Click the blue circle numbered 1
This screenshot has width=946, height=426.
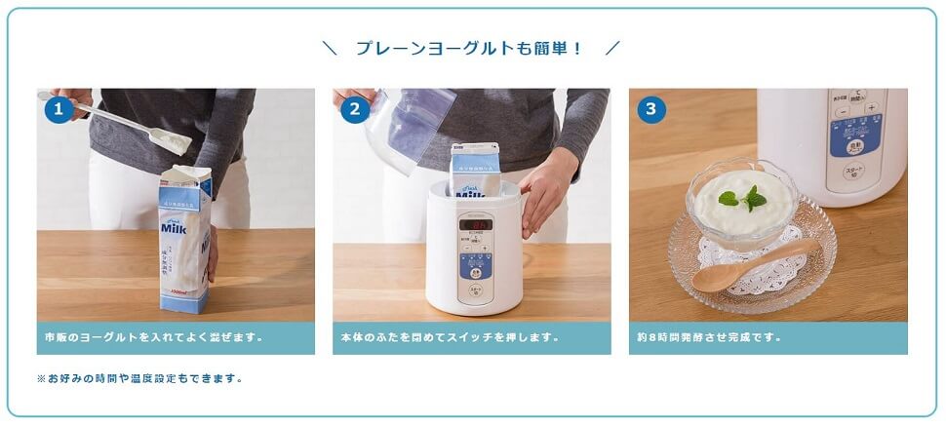pyautogui.click(x=59, y=109)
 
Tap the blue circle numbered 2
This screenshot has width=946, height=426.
pyautogui.click(x=355, y=109)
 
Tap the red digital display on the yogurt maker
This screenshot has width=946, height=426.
pyautogui.click(x=477, y=224)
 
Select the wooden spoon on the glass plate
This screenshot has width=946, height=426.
pyautogui.click(x=746, y=268)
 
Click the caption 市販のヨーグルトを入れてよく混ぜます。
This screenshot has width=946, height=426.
pyautogui.click(x=154, y=338)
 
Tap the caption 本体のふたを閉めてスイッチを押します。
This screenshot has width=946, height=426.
pyautogui.click(x=451, y=338)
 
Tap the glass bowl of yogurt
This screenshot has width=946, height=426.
pyautogui.click(x=742, y=210)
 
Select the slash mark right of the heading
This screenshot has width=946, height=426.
pyautogui.click(x=611, y=48)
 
